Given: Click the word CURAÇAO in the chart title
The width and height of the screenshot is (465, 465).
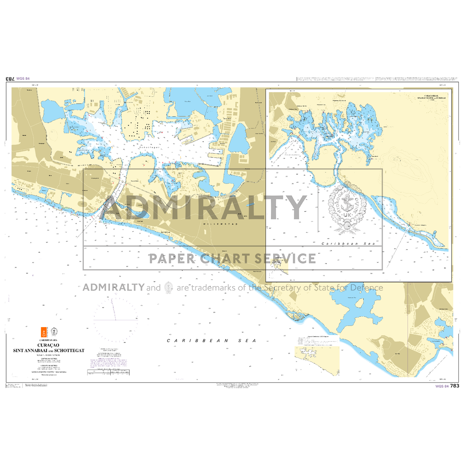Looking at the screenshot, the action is coord(48,345).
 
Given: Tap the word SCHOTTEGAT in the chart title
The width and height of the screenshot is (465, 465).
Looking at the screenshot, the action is coord(69,350).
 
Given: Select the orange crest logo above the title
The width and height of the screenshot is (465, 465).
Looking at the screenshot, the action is coord(44,332).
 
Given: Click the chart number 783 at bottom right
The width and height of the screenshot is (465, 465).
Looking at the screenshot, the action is coord(455,386).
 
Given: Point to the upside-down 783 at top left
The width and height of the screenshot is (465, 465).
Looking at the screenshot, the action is coord(10,79).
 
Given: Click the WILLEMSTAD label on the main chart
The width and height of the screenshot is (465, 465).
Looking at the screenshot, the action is coord(220,224).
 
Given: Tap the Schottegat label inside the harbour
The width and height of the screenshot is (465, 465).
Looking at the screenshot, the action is coord(149,147).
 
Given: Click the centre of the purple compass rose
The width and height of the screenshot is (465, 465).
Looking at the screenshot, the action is coord(115,320).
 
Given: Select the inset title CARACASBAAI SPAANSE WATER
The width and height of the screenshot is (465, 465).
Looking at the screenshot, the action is coord(431,97).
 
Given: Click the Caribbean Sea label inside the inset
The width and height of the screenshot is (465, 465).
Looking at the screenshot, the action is coord(348,244).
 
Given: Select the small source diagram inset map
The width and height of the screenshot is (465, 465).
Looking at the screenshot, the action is coord(317,360).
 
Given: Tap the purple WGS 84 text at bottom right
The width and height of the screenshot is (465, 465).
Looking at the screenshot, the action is coord(442,386).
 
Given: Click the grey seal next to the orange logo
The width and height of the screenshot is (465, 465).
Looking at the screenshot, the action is coord(54,331).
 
